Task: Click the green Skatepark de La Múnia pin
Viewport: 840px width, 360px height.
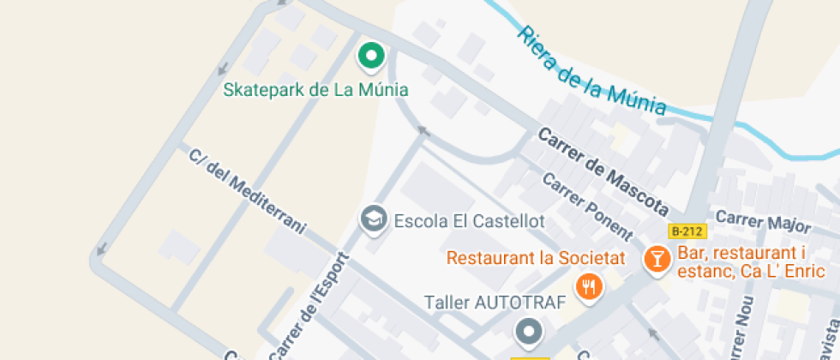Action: click(x=371, y=57)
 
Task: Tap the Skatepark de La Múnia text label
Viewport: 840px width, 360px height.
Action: click(x=315, y=89)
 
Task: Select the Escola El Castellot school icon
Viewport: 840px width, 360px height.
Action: click(x=373, y=219)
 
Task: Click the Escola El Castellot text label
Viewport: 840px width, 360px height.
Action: click(x=469, y=221)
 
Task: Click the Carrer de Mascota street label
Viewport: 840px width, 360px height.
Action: click(x=603, y=171)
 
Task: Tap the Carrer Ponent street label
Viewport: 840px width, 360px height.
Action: click(x=588, y=206)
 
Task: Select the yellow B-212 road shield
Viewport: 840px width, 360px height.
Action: click(x=687, y=231)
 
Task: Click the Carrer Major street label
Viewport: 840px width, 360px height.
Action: click(x=763, y=221)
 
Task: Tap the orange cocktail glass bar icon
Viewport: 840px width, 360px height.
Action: click(x=657, y=260)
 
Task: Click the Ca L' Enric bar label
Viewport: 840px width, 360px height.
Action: click(x=751, y=262)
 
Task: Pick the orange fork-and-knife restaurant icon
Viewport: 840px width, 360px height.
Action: click(x=588, y=286)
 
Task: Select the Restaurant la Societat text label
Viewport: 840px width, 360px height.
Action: click(x=536, y=257)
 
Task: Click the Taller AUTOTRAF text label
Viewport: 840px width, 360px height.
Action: click(x=495, y=303)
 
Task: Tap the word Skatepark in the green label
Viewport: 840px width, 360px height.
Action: click(x=261, y=89)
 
